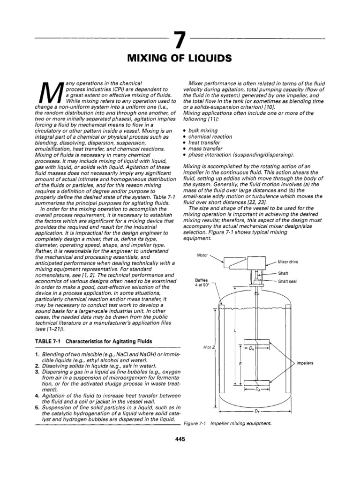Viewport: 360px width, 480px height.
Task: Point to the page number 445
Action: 180,439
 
